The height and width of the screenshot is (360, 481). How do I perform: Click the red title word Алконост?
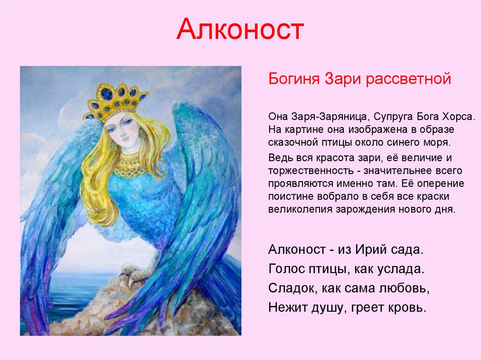coord(240,30)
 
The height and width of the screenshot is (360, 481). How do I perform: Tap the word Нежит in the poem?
coord(288,307)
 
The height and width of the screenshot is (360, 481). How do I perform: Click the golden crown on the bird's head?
coord(115,101)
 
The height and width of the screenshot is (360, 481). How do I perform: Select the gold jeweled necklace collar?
coord(128,165)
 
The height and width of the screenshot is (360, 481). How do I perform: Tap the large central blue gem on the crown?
coord(107,93)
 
